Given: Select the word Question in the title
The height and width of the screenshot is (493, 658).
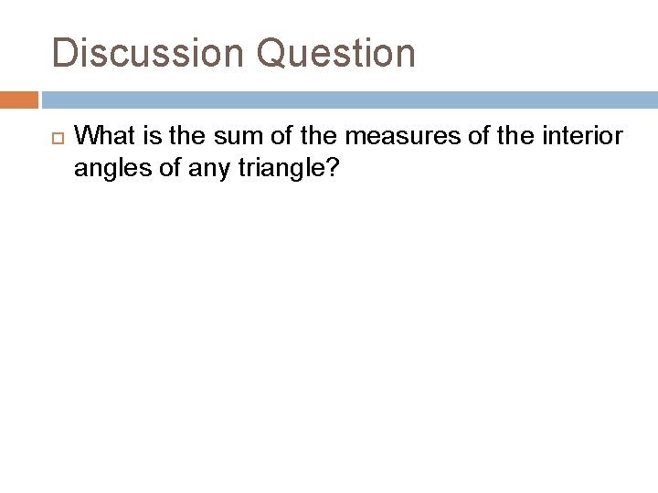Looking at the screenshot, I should (336, 53).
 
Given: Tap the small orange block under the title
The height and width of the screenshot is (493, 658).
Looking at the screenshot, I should (19, 100).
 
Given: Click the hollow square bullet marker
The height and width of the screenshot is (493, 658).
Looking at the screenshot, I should (54, 139).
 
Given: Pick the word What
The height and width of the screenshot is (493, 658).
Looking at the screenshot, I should (103, 137).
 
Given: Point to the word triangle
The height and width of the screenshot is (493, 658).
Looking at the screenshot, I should (275, 168).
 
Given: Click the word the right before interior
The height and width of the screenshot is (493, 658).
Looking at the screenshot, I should (521, 137).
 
